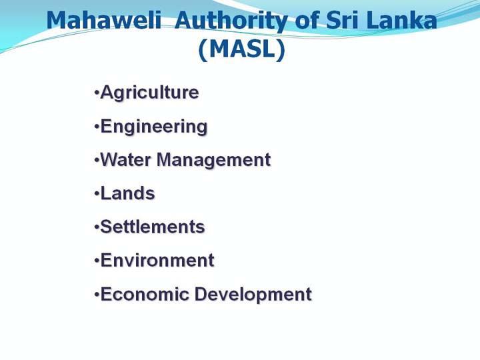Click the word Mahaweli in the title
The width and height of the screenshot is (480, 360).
point(104,20)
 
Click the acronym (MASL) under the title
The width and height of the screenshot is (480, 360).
point(242,49)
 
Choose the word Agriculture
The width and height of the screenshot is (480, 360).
point(150,93)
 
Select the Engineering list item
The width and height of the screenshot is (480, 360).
point(154,127)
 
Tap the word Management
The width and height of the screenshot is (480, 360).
point(214,161)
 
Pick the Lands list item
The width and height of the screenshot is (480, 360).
point(127,193)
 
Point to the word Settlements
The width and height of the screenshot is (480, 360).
point(153,227)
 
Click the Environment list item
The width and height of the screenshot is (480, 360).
point(157,261)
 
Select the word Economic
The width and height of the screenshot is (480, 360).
point(145,294)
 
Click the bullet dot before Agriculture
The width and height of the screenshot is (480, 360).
point(97,92)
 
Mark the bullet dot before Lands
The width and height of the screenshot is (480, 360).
point(97,193)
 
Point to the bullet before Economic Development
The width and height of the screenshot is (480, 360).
point(97,295)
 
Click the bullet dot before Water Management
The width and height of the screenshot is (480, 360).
point(97,160)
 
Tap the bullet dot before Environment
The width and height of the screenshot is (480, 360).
point(97,261)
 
